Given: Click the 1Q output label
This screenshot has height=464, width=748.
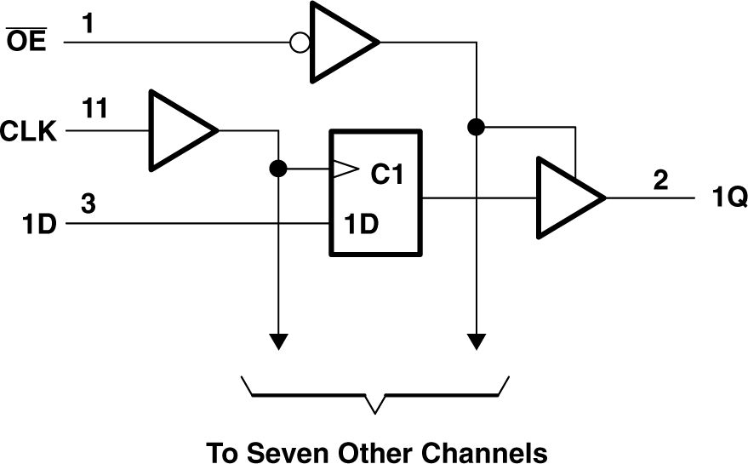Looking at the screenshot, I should click(729, 199).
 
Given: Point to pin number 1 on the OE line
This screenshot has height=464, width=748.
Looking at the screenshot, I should click(89, 25).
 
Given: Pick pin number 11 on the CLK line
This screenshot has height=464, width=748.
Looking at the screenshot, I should click(95, 109).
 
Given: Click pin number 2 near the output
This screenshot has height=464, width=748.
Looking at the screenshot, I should click(661, 180).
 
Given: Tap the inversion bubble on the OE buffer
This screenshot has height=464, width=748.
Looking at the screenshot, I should click(300, 42).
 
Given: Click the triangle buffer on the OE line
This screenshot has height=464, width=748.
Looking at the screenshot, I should click(340, 42).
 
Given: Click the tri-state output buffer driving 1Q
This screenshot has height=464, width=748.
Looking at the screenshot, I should click(566, 198).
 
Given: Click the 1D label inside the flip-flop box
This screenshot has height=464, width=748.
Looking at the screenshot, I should click(362, 225).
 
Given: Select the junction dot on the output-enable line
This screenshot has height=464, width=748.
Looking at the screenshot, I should click(477, 128).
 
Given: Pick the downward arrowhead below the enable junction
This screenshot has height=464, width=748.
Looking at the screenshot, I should click(477, 341).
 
